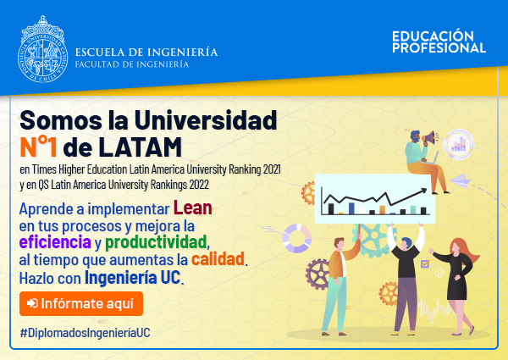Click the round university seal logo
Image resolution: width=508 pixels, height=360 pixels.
coord(43,49)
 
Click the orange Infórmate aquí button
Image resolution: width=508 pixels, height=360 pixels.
coord(81,303)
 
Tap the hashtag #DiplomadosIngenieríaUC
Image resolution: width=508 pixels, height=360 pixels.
coord(85,333)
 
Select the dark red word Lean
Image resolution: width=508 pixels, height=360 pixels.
coord(193,208)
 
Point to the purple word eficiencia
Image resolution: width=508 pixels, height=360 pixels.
coord(55,242)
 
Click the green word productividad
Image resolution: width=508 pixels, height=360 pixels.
coord(156,242)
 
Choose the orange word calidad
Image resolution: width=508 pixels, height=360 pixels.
coord(218,259)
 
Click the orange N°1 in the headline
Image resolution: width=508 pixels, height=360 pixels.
coord(38,147)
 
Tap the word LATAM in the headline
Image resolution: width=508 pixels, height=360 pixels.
coord(140,147)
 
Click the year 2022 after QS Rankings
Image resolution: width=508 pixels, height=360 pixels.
coord(199,185)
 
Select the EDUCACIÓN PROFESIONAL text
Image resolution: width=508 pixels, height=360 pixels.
coord(439,42)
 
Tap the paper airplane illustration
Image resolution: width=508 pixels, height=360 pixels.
coord(460,181)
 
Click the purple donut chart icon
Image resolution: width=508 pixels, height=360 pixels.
coord(297,238)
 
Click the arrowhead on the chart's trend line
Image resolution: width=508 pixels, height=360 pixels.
coord(424,191)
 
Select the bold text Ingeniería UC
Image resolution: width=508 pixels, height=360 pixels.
coord(132,277)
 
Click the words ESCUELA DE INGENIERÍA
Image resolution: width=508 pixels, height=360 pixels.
coord(146,52)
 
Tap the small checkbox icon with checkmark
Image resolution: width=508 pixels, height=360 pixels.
coord(425,263)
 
